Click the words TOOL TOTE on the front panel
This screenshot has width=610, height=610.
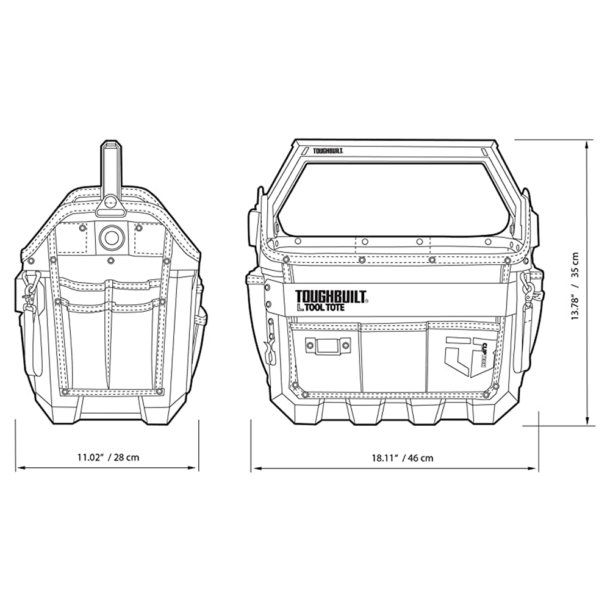321,307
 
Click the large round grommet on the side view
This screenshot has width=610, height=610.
111,236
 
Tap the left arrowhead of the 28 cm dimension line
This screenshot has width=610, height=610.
19,468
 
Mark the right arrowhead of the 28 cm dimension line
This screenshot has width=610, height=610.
196,468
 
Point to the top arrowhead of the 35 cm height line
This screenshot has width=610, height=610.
587,143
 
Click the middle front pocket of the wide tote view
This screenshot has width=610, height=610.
393,357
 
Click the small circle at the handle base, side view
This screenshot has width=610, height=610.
110,201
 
